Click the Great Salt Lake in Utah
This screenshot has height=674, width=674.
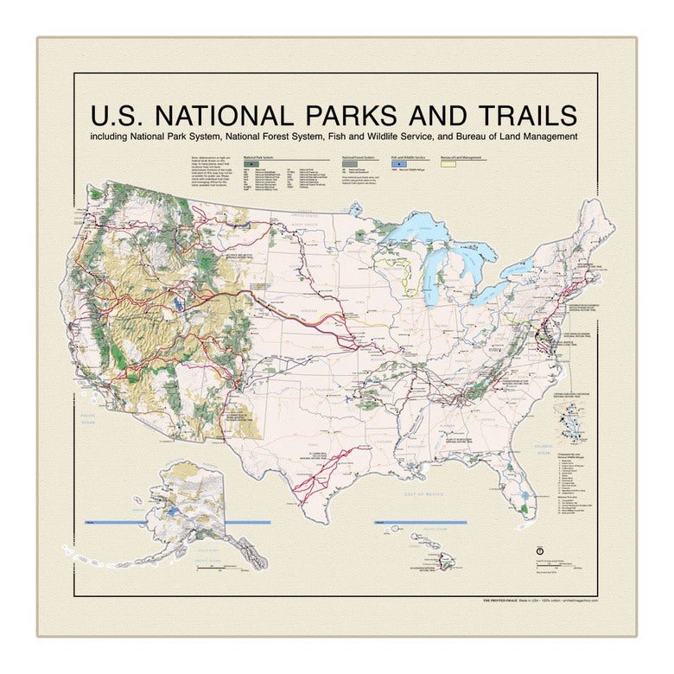(179, 303)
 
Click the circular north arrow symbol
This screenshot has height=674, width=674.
(539, 550)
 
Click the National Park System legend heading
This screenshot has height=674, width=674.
(260, 158)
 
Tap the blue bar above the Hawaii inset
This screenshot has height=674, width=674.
(420, 523)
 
